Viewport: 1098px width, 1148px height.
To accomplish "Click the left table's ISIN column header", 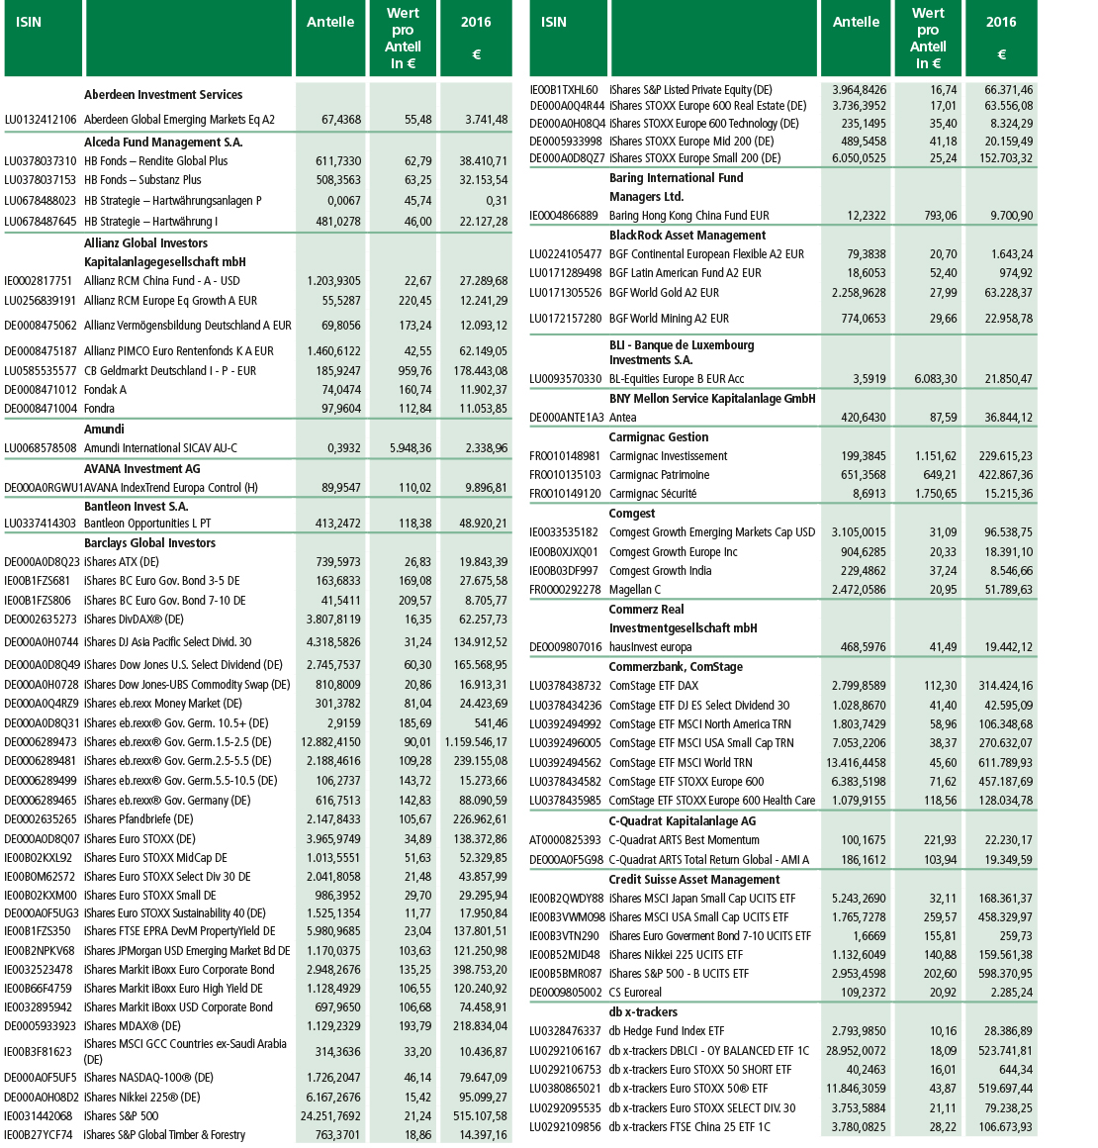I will click(29, 22).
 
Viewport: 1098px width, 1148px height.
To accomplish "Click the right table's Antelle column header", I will click(856, 22).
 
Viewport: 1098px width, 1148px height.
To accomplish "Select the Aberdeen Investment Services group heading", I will click(163, 95).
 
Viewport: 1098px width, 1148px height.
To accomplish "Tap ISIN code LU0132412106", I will click(41, 120).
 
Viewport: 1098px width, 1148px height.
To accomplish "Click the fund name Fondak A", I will click(105, 390).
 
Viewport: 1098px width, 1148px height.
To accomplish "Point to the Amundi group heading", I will click(104, 430).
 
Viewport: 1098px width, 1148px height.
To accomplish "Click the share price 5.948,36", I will click(403, 448).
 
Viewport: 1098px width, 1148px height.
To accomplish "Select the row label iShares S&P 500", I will click(121, 1116).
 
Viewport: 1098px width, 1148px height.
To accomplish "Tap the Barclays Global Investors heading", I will click(149, 543).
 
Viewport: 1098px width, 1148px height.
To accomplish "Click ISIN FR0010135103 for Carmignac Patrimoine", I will click(565, 475).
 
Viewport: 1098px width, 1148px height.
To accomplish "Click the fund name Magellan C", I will click(636, 590).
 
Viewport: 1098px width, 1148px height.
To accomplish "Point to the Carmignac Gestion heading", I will click(659, 437).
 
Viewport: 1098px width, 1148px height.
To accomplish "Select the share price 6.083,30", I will click(928, 379).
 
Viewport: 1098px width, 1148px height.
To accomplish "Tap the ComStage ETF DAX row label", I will click(654, 686).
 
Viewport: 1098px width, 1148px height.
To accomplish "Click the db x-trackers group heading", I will click(643, 1012).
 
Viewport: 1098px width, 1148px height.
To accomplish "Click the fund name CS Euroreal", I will click(635, 993).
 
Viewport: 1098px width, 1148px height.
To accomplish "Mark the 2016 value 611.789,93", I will click(1000, 763).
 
